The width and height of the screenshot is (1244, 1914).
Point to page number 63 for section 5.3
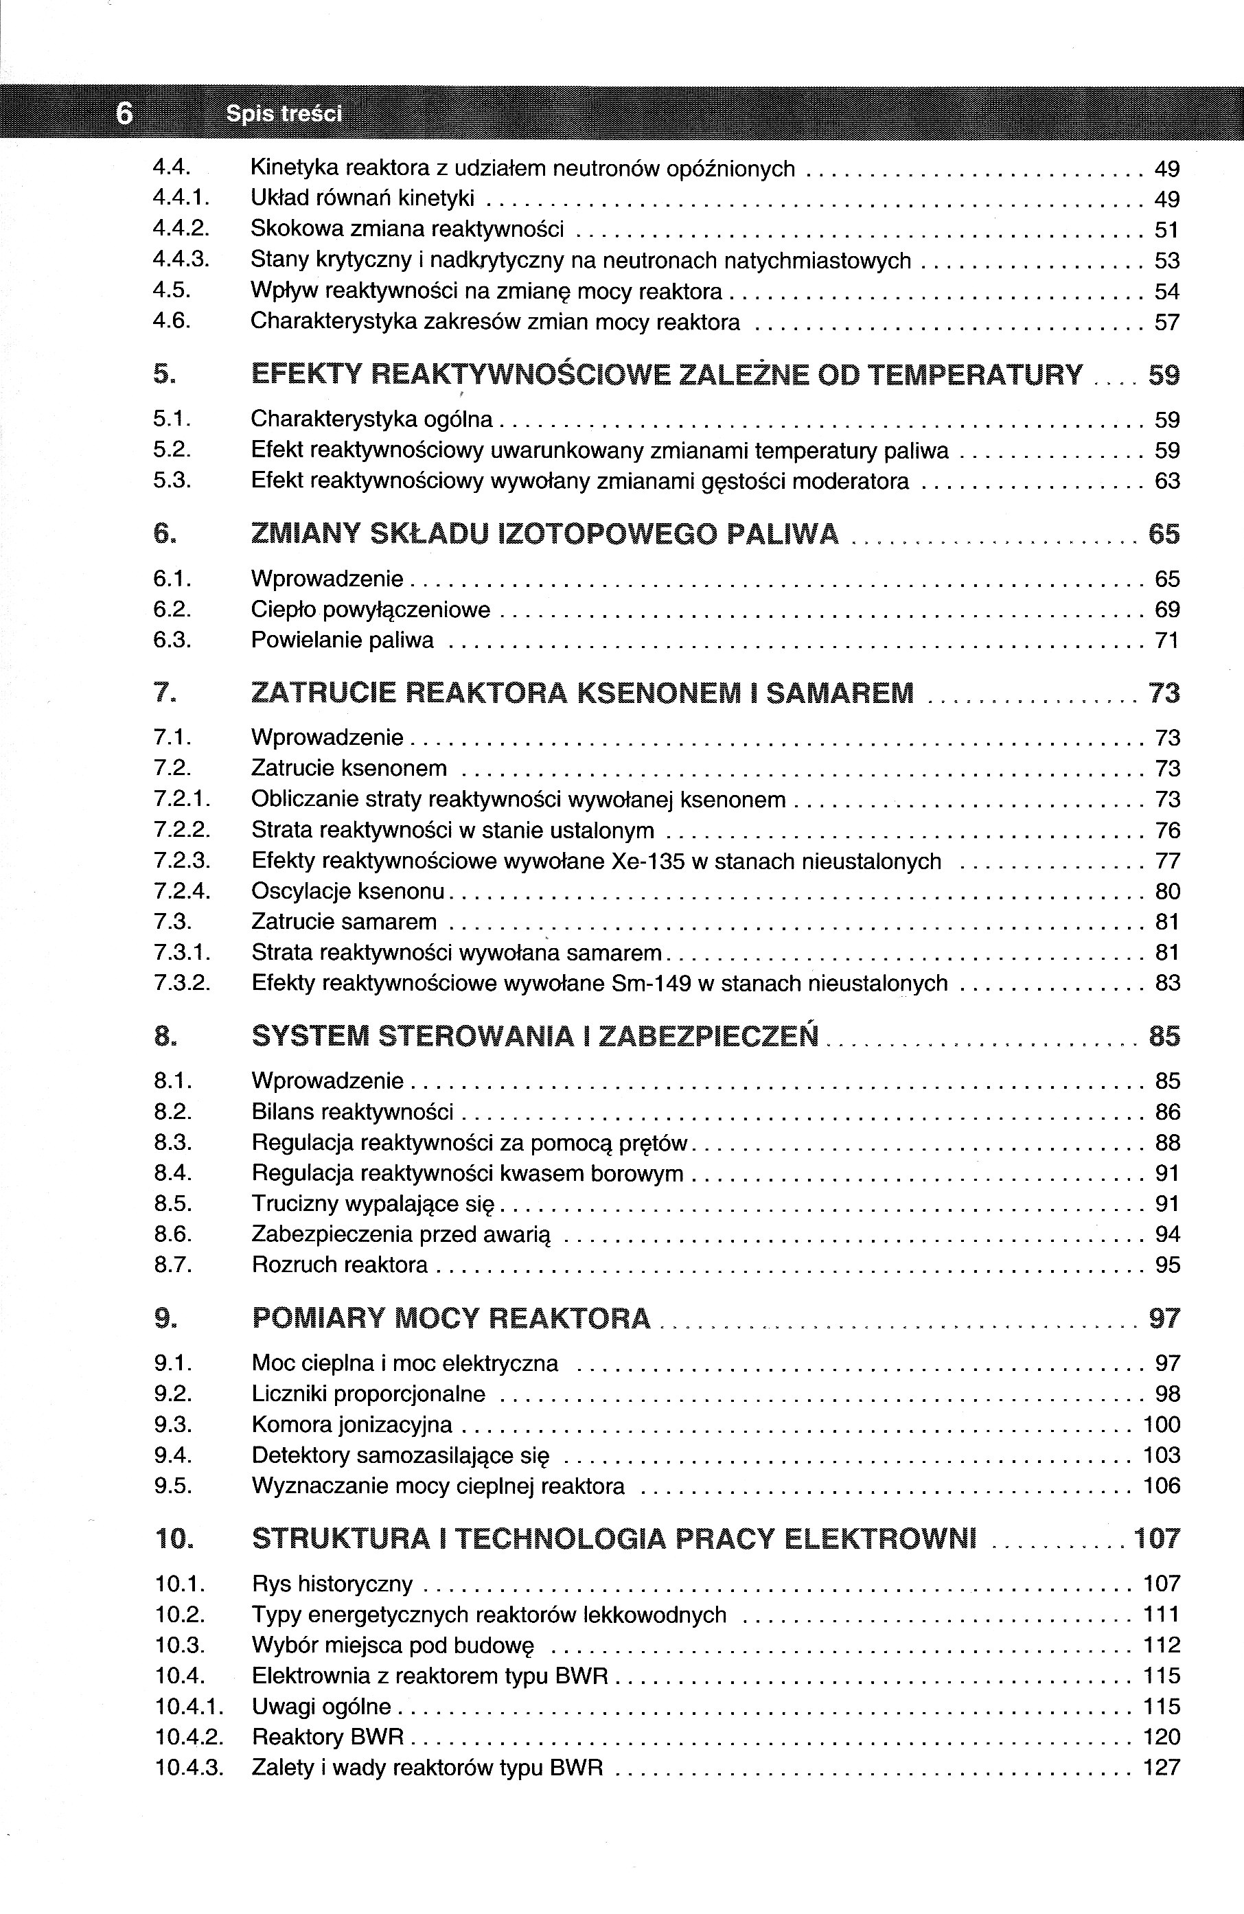pos(1167,481)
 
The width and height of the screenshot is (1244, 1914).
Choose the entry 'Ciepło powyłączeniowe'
pos(370,610)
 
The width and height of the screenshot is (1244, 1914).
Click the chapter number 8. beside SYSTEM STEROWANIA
pos(165,1036)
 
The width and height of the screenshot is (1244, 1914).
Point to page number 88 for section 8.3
pos(1168,1143)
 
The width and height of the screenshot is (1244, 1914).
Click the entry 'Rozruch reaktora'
pos(339,1265)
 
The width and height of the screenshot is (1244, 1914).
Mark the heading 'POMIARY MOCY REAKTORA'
pos(450,1318)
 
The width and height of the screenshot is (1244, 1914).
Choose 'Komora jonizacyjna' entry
pos(352,1425)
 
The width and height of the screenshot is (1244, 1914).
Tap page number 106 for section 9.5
pos(1161,1486)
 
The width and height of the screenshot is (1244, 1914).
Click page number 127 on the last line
pos(1161,1768)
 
